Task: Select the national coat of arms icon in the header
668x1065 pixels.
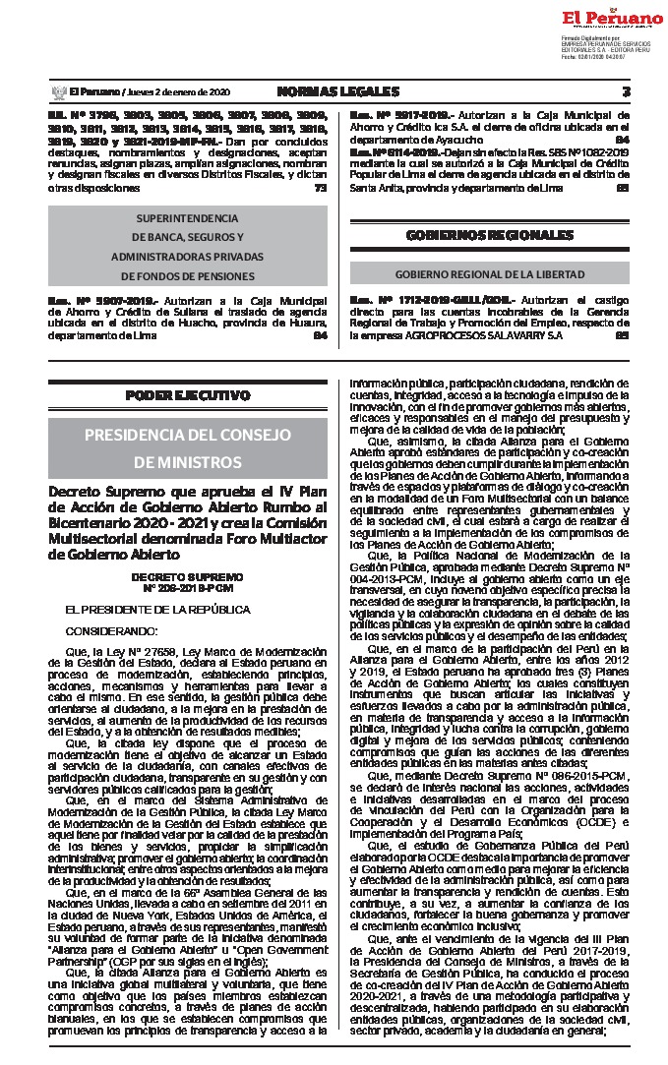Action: (56, 92)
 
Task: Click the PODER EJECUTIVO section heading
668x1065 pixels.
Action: (187, 395)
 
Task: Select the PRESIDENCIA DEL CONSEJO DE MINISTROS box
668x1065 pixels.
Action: (187, 447)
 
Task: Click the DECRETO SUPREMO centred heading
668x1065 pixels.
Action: (187, 576)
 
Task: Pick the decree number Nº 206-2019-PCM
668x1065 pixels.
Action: (187, 587)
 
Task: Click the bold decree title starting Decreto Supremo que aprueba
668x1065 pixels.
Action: (187, 522)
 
